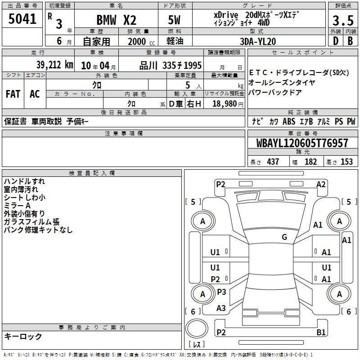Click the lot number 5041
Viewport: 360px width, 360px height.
[x=22, y=19]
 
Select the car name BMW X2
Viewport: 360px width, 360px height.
[x=117, y=20]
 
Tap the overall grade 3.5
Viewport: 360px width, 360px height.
[x=343, y=20]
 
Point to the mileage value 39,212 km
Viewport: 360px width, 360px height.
[x=54, y=65]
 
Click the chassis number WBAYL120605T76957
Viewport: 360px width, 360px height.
[x=302, y=143]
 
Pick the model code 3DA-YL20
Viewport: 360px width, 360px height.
[x=257, y=41]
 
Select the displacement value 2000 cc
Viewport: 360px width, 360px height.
[x=141, y=41]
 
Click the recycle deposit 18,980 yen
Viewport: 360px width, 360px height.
[x=228, y=104]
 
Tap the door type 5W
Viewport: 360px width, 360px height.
[x=174, y=20]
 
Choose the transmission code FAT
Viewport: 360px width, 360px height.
[x=13, y=94]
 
